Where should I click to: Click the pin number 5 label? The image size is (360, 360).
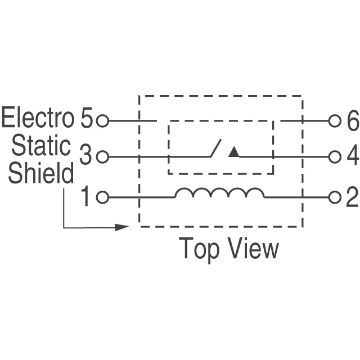tap(87, 120)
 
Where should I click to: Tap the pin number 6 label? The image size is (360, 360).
tap(353, 121)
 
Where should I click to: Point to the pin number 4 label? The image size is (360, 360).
tap(353, 156)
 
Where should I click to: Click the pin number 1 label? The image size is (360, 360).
tap(85, 197)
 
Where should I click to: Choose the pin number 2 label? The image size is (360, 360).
tap(352, 197)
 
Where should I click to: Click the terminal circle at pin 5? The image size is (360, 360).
tap(102, 120)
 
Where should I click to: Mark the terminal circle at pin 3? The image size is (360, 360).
tap(102, 157)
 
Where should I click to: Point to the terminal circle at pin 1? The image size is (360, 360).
tap(102, 197)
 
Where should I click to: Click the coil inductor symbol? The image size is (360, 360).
tap(219, 193)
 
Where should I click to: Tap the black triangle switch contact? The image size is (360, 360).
tap(234, 152)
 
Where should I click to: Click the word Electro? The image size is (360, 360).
tap(38, 119)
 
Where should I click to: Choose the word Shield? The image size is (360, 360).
tap(40, 173)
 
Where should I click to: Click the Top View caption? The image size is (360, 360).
tap(228, 248)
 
